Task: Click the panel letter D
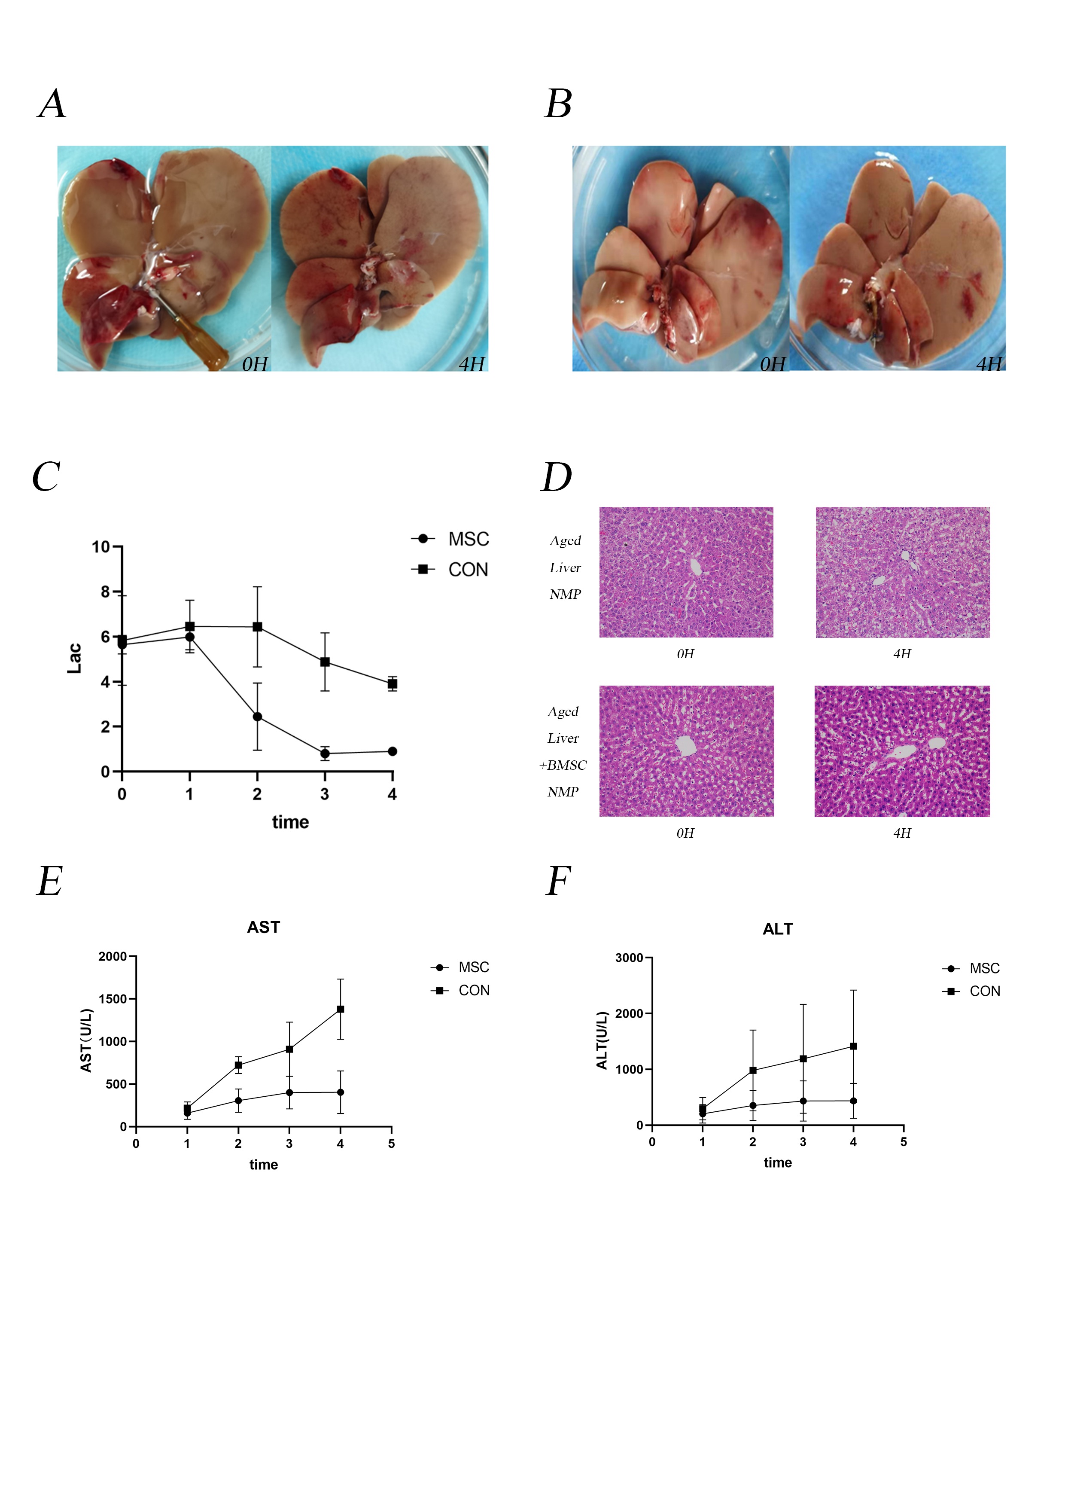[x=557, y=477]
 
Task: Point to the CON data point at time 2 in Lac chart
[x=257, y=627]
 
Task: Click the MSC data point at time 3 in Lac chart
[x=325, y=753]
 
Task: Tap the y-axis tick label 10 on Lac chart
[x=100, y=547]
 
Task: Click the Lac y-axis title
[x=75, y=658]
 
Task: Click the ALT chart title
[x=778, y=929]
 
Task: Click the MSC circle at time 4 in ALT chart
[x=853, y=1101]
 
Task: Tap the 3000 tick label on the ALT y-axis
[x=629, y=958]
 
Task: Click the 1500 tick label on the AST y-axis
[x=112, y=999]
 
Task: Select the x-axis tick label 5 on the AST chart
[x=391, y=1144]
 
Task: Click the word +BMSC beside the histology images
[x=563, y=766]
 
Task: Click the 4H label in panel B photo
[x=989, y=364]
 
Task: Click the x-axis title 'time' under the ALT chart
[x=778, y=1162]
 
